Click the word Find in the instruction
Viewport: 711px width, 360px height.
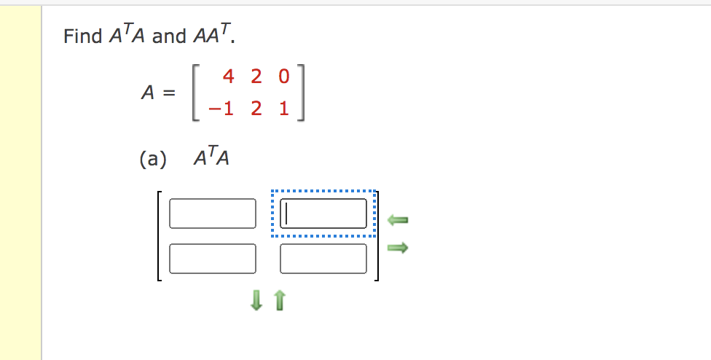tap(82, 36)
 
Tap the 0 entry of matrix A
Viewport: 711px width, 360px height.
tap(283, 76)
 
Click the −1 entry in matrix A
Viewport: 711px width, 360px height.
tap(221, 109)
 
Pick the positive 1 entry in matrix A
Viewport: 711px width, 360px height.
tap(283, 109)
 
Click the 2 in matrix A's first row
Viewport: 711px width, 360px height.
tap(256, 76)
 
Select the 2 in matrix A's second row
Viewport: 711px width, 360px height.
tap(256, 109)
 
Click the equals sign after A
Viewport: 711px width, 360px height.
tap(169, 93)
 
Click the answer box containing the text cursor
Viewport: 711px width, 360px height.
tap(323, 214)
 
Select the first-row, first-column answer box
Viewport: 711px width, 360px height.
tap(213, 214)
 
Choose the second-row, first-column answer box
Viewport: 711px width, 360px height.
tap(213, 258)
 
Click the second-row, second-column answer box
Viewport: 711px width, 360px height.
tap(323, 258)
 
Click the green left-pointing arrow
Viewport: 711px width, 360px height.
tap(398, 219)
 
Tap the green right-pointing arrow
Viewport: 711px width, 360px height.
tap(398, 249)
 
